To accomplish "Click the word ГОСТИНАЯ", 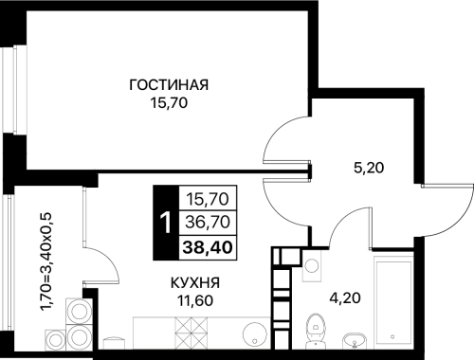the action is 169,85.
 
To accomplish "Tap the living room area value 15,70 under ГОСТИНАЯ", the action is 169,103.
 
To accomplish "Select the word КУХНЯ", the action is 195,283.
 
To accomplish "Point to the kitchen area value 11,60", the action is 195,300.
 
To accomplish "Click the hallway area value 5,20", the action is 369,168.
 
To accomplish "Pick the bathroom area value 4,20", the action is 345,297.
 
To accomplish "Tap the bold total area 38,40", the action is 208,247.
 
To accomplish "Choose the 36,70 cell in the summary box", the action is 208,222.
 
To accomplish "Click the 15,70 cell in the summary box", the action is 208,199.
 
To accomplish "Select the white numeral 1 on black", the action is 166,223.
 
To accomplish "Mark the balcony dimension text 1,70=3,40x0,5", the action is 46,261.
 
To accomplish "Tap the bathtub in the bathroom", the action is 393,301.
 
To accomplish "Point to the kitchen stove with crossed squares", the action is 191,333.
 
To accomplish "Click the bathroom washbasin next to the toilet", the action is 355,341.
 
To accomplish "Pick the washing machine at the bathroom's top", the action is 312,265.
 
